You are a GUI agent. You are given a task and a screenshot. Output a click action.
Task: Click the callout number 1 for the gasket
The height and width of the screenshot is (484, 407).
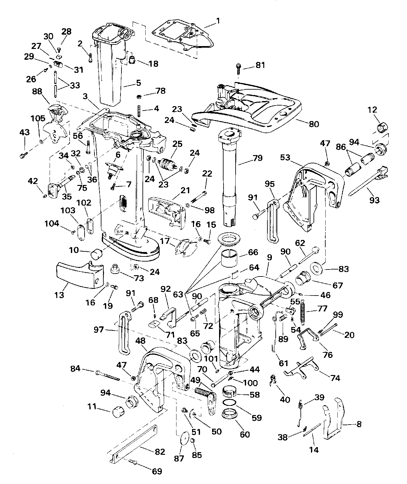218,21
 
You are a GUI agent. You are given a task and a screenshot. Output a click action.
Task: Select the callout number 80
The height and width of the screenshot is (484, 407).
314,124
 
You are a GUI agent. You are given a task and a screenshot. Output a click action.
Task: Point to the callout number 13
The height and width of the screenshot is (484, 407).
59,295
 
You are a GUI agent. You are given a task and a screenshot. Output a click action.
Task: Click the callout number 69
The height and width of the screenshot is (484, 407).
157,471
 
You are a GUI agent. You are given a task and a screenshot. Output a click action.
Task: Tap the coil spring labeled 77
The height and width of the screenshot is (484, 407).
303,313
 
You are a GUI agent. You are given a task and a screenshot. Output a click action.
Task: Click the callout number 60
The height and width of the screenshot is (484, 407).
245,434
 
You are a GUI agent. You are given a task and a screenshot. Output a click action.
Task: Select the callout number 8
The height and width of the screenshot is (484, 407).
359,424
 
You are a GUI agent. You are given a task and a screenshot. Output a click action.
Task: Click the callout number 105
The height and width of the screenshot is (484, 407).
38,118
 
